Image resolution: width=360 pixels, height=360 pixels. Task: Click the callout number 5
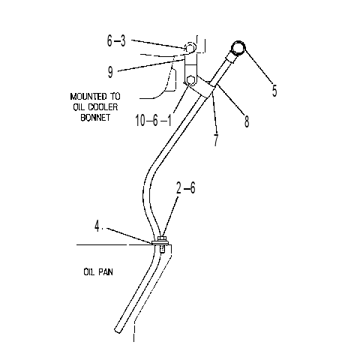click(274, 91)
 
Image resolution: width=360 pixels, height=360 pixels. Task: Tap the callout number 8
click(247, 121)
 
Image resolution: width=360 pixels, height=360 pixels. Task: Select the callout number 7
click(216, 140)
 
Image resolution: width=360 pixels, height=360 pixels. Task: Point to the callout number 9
click(110, 72)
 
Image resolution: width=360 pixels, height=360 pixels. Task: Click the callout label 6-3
click(116, 40)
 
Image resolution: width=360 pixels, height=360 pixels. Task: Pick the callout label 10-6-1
click(154, 121)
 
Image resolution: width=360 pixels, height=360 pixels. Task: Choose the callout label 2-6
click(185, 187)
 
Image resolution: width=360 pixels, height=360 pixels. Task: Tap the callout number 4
click(97, 226)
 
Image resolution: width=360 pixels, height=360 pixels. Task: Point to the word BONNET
click(95, 118)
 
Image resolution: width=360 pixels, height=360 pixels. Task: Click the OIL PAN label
click(98, 272)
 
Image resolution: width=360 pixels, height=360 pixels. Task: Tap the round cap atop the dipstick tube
click(238, 48)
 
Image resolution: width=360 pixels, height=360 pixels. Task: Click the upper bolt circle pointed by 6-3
click(190, 47)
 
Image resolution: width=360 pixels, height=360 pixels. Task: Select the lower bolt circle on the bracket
click(190, 80)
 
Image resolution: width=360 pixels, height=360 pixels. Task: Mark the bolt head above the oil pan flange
click(162, 238)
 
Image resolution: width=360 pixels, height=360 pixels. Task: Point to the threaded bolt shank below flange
click(162, 250)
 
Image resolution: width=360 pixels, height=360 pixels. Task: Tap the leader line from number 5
click(259, 66)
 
